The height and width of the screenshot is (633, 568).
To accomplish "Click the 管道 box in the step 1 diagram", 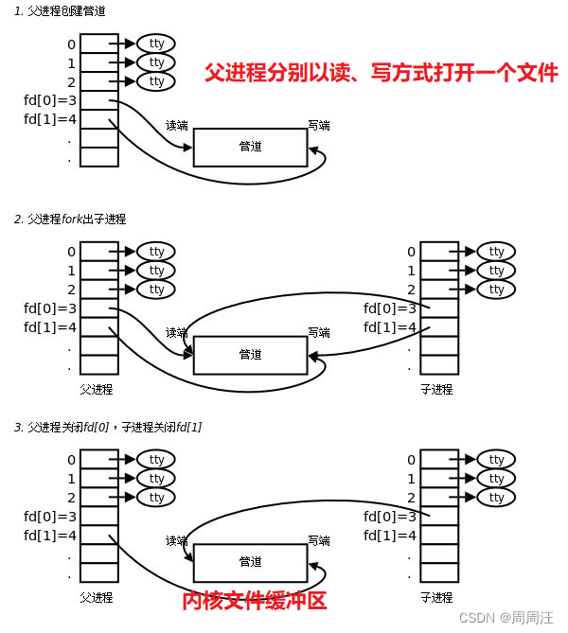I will (x=250, y=147).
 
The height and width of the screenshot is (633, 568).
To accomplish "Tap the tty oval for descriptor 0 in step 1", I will (x=156, y=44).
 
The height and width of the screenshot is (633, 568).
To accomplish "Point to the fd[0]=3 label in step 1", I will (x=50, y=100).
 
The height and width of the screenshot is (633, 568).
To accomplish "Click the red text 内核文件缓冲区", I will (x=254, y=600).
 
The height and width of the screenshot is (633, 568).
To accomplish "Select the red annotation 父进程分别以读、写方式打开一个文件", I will (x=381, y=73).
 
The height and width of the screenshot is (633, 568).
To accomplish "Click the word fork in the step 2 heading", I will (x=74, y=220).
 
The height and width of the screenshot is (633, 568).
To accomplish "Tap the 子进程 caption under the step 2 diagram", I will (x=436, y=389).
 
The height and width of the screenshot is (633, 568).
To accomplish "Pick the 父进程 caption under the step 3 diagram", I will (x=97, y=597).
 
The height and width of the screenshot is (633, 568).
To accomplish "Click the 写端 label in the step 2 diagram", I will (x=319, y=332).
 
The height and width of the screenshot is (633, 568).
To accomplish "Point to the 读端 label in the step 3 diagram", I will (x=177, y=540).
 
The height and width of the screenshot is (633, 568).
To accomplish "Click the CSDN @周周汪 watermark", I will (x=506, y=617).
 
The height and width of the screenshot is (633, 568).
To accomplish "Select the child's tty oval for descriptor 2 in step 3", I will (x=496, y=498).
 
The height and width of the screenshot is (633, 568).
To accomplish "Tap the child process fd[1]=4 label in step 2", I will (x=390, y=327).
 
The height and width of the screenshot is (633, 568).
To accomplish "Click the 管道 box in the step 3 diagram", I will (x=250, y=562).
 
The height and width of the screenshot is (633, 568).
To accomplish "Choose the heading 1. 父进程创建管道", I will (x=60, y=11).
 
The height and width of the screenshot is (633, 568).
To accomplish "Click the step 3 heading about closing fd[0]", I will (x=107, y=428).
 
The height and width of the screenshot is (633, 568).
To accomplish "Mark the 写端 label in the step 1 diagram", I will (x=319, y=125).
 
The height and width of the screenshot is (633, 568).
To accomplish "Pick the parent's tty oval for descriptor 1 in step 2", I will (x=156, y=271).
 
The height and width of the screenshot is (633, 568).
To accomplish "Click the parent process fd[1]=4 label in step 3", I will (x=50, y=536).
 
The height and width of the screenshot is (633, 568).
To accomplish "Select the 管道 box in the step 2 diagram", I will (x=250, y=355).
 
